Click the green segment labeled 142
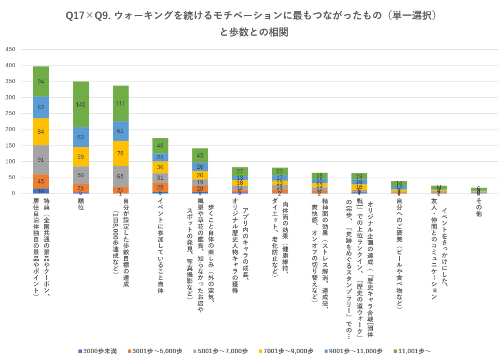(81, 104)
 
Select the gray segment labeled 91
(41, 160)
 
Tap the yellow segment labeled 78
(120, 153)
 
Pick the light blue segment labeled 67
(41, 107)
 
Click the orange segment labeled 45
(41, 181)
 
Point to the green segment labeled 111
(120, 103)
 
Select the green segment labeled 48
(160, 146)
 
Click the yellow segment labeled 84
(41, 131)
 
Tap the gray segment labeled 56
(81, 175)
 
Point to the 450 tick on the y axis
(10, 49)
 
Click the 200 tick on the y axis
(10, 129)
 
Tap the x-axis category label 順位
(81, 204)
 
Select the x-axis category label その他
(479, 207)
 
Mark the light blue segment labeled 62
(120, 131)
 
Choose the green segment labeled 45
(200, 155)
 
